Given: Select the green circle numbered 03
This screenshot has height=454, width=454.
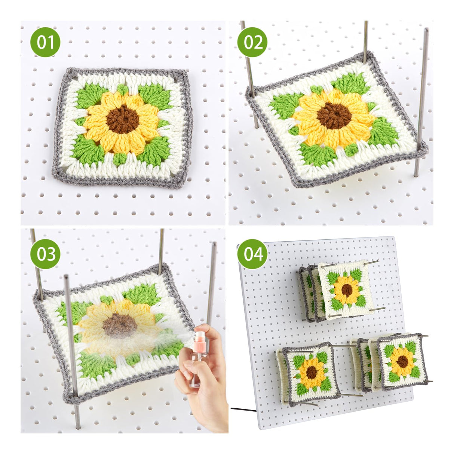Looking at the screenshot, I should click(45, 254).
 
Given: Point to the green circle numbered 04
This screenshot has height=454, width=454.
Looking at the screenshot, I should click(252, 254).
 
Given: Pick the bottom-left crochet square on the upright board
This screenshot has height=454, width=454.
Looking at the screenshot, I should click(310, 372).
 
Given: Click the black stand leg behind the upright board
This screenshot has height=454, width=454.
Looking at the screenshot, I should click(243, 410).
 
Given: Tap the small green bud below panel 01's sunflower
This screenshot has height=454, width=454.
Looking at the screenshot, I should click(119, 159).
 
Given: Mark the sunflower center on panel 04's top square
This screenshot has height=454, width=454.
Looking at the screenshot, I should click(347, 290).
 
